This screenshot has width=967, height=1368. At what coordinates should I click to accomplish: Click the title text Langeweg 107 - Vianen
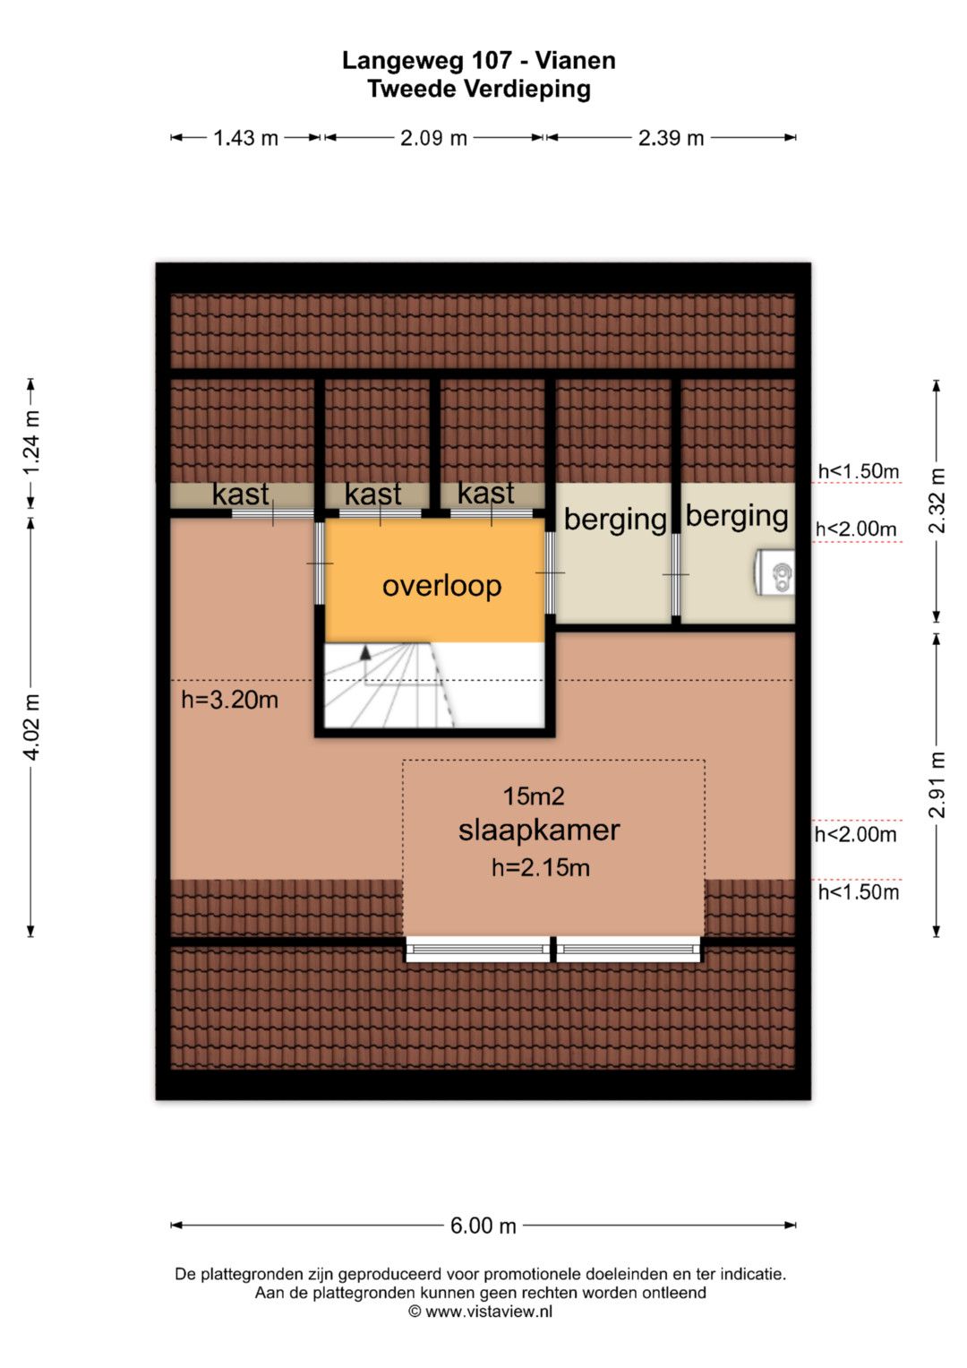pos(479,60)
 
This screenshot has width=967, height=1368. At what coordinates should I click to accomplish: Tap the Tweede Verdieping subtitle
pos(479,90)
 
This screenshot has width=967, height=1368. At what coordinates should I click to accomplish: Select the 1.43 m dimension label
pos(245,139)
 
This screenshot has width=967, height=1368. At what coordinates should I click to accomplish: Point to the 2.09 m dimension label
pos(433,139)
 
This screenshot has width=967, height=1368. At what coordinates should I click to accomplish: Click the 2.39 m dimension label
pos(671,139)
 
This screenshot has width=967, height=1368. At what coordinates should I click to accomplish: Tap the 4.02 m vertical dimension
pos(31,727)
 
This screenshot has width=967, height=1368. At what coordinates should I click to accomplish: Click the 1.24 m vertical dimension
pos(31,443)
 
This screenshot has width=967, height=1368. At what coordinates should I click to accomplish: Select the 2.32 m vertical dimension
pos(937,500)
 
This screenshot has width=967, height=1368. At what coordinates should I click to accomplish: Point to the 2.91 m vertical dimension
pos(937,785)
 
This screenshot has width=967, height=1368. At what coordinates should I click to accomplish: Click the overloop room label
pos(442,586)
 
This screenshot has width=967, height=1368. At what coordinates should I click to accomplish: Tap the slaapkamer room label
pos(539,830)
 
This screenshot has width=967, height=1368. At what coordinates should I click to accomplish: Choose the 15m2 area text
pos(534,796)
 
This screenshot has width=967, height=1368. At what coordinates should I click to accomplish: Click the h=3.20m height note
pos(229,700)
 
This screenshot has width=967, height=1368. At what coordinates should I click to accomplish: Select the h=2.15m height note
pos(541,868)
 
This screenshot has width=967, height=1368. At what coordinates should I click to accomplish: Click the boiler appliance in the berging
pos(775,572)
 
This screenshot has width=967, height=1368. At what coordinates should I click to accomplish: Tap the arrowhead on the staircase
pos(365,652)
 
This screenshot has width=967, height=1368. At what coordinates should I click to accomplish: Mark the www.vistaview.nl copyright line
pos(481,1312)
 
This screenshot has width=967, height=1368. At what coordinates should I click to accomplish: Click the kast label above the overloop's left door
pos(373,494)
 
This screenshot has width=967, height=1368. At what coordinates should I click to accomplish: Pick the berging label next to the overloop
pos(615,521)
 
